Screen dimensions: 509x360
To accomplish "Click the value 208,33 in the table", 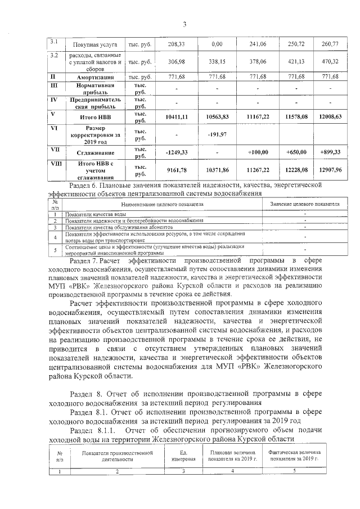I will click(x=177, y=44).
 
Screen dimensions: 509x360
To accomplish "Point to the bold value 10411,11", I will click(x=177, y=117).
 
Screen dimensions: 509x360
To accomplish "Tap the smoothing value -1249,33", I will click(x=177, y=152).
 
